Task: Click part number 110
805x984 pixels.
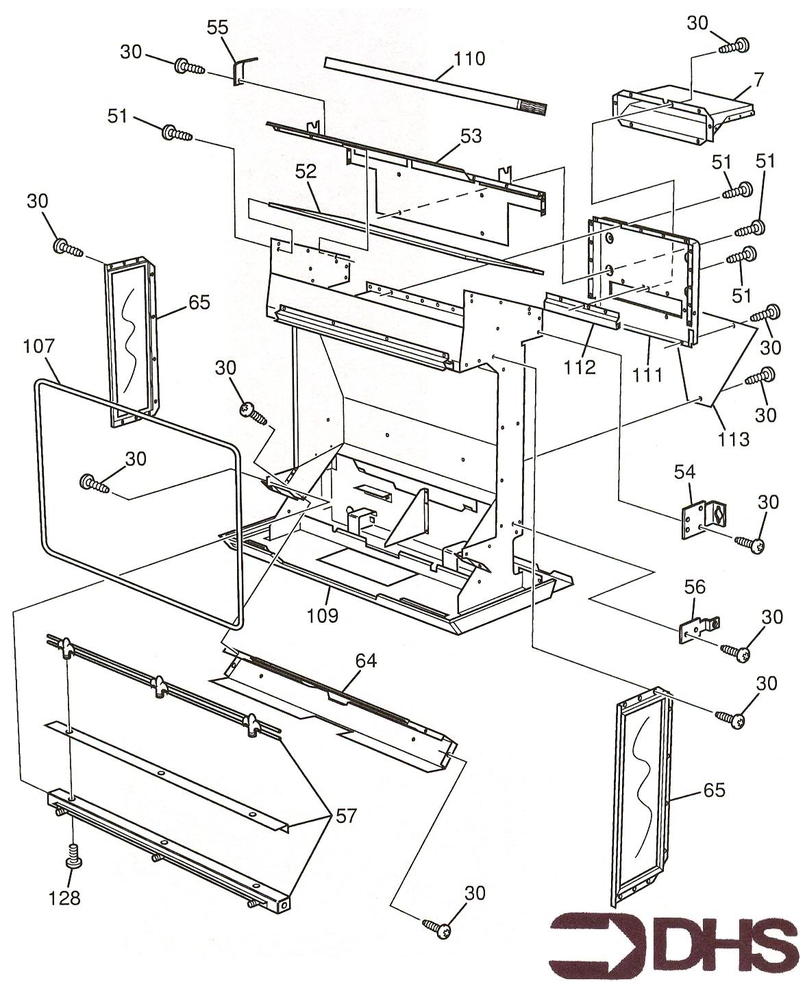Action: [x=468, y=59]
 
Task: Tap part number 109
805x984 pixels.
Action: [x=323, y=615]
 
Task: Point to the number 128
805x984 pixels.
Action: [x=64, y=897]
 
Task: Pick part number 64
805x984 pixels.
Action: [x=367, y=661]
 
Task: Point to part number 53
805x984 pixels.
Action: [x=471, y=136]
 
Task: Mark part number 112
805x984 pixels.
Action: [x=580, y=367]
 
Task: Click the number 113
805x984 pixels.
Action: [x=734, y=438]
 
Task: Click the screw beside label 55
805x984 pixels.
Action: [x=188, y=66]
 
